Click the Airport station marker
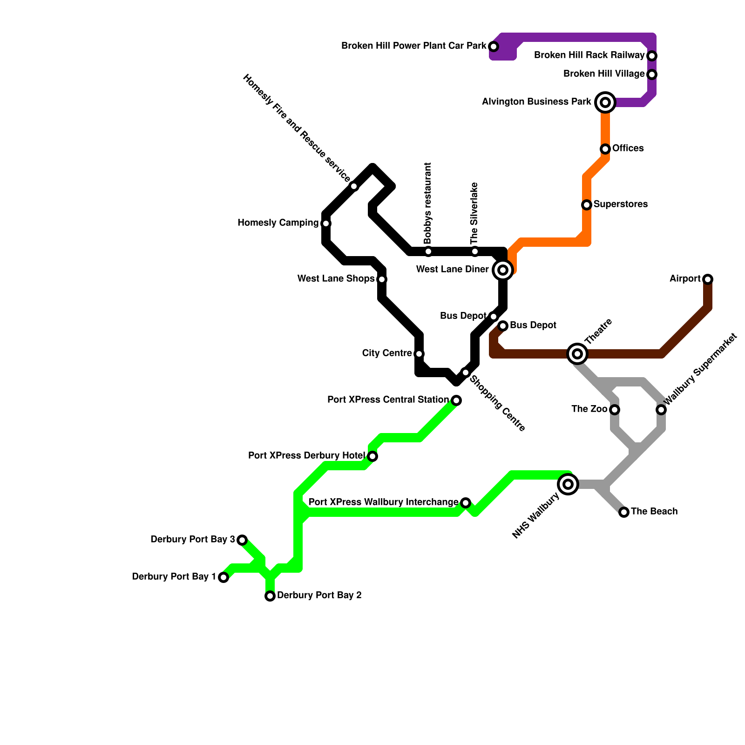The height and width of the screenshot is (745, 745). pos(708,279)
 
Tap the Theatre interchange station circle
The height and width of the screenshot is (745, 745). pos(577,354)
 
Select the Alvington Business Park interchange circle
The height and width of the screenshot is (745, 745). pos(605,102)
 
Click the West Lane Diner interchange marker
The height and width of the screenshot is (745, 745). pos(503,270)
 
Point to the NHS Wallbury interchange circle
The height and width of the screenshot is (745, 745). pos(568,484)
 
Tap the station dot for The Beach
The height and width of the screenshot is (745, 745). pos(624,512)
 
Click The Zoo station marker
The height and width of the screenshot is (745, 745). pos(615,410)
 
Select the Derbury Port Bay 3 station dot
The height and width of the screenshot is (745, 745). pos(242,540)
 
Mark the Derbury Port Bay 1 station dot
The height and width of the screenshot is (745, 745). pos(223,577)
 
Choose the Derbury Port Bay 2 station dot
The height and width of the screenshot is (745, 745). pos(270,596)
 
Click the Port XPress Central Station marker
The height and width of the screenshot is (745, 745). pos(456,400)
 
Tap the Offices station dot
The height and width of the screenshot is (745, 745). pos(605,149)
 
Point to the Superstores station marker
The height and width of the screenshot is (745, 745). pos(587,205)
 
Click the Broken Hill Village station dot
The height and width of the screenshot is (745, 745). pos(652,74)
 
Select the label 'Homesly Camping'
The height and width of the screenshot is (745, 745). pos(278,223)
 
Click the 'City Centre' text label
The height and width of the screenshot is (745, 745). pos(386,353)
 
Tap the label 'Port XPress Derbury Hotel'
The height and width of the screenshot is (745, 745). pos(306,456)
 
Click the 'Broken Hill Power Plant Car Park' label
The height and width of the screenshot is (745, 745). pos(413,46)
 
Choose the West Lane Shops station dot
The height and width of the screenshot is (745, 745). pos(382,279)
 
